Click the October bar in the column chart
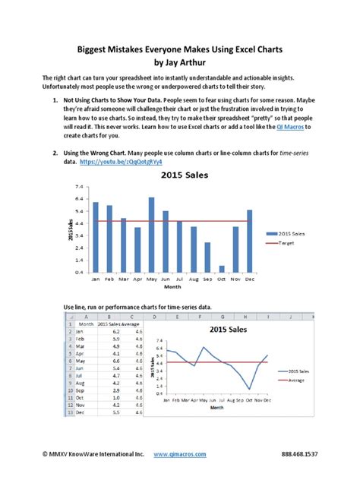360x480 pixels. pyautogui.click(x=222, y=268)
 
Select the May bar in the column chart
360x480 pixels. pyautogui.click(x=151, y=235)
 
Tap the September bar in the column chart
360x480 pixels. pyautogui.click(x=207, y=257)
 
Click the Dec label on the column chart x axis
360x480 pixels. pyautogui.click(x=250, y=279)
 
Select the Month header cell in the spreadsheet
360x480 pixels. pyautogui.click(x=86, y=324)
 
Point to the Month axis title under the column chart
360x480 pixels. pyautogui.click(x=172, y=287)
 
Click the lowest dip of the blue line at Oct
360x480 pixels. pyautogui.click(x=249, y=388)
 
